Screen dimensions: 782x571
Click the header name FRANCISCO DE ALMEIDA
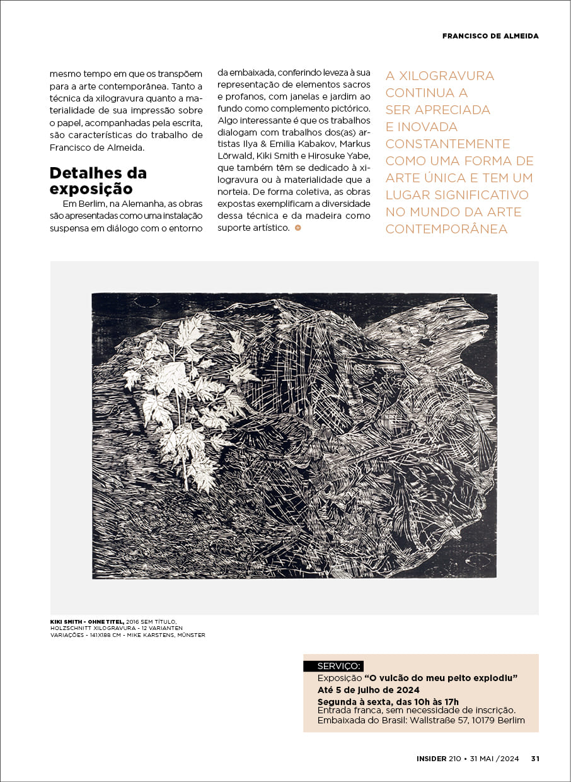[x=490, y=36]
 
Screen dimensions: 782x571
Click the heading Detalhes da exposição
[x=98, y=180]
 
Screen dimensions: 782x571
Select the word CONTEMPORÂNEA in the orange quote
[x=446, y=229]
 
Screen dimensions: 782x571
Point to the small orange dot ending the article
[x=297, y=227]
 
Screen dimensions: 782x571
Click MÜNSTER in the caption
[x=191, y=635]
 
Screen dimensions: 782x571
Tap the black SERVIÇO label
[x=334, y=666]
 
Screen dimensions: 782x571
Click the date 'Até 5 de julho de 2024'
[x=369, y=690]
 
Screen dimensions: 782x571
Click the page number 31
[x=535, y=759]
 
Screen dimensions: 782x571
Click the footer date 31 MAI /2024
[x=495, y=759]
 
